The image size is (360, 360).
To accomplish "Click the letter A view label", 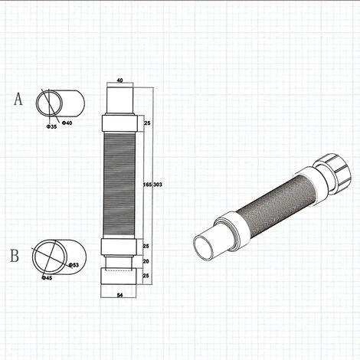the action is (18, 99).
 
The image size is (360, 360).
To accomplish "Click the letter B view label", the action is (15, 255).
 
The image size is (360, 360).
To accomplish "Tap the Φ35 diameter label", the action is (52, 126).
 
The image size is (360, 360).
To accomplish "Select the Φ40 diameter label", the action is (67, 123).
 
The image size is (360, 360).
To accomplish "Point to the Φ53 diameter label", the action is (74, 265).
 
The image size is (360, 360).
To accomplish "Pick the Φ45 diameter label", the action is (47, 278).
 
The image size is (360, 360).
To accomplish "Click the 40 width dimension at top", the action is (119, 80).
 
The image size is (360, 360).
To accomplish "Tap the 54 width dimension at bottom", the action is (119, 295).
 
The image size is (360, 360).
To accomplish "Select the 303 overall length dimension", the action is (158, 185).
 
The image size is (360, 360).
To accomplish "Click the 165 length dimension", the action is (148, 185).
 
